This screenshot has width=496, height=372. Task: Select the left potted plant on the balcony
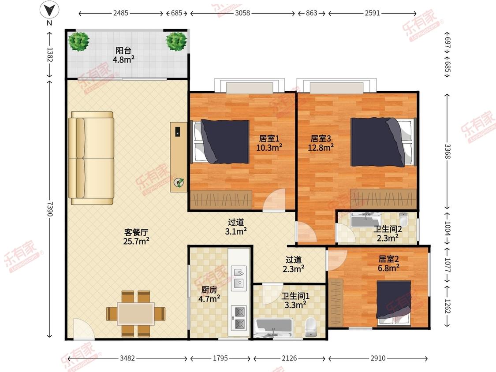[x=79, y=41]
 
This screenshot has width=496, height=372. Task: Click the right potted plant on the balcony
[x=176, y=41]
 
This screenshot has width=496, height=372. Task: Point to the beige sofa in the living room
[x=92, y=158]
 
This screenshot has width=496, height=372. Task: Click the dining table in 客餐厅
[x=136, y=313]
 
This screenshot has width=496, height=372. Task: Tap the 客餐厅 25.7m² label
[x=136, y=236]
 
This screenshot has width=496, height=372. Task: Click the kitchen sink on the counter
[x=239, y=278]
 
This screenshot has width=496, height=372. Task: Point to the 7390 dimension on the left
[x=50, y=208]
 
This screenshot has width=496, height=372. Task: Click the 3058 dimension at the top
[x=242, y=13]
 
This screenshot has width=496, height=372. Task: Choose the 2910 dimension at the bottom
[x=377, y=358]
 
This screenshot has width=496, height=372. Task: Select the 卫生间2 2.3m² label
[x=388, y=233]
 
